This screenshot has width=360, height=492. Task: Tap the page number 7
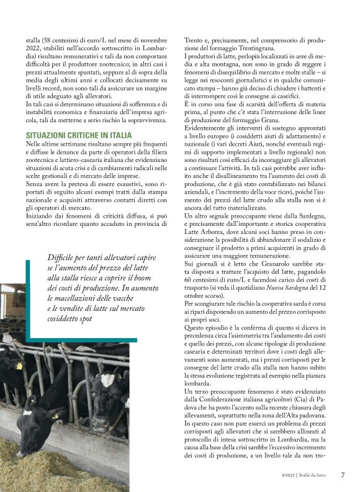coord(343,476)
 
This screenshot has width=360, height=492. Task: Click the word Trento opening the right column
coord(195,41)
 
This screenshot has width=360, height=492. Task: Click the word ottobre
coord(197,297)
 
